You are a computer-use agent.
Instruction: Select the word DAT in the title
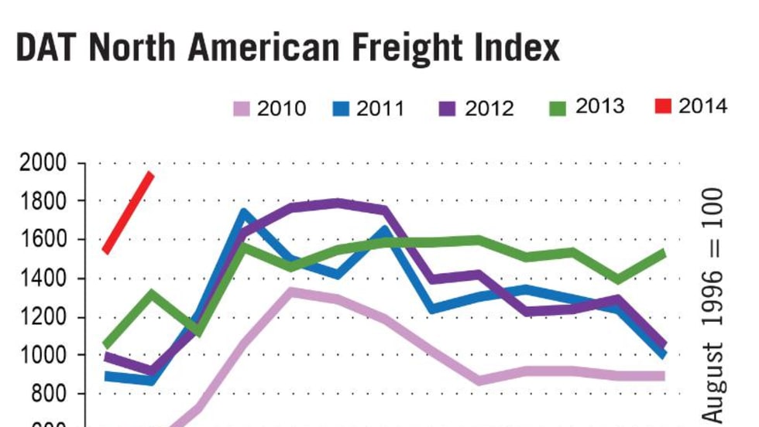(47, 47)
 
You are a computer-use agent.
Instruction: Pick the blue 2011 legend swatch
(341, 108)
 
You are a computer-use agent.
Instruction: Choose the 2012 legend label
(489, 108)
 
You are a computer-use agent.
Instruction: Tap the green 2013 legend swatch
(555, 107)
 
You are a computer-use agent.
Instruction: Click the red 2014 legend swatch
(660, 106)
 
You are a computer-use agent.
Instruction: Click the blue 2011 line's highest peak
(244, 213)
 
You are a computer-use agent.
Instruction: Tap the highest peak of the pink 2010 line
(290, 292)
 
